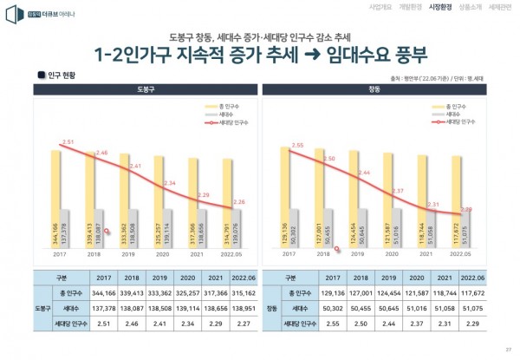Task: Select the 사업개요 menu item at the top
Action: [357, 7]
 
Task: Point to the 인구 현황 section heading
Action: [60, 75]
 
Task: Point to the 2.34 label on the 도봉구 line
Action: [169, 183]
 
